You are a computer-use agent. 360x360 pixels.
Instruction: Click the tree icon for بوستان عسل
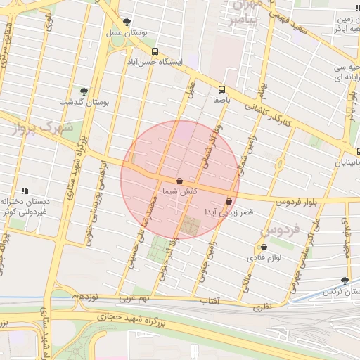pos(127,22)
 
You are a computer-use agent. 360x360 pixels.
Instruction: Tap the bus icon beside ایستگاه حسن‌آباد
pos(155,52)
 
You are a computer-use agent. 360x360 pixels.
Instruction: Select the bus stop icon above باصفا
pos(222,89)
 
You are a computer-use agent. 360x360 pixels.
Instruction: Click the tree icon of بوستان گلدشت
pos(84,91)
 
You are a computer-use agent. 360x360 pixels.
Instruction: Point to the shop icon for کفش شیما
pos(180,181)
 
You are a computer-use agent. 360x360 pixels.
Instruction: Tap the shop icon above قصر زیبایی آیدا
pos(229,202)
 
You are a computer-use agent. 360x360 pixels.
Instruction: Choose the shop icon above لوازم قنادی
pos(264,247)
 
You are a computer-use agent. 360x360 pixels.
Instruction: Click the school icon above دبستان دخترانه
pos(25,191)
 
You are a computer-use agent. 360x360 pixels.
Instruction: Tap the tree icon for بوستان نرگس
pos(345,280)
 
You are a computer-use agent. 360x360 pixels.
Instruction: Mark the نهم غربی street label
pos(134,298)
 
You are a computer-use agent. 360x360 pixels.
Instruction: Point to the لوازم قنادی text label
pos(264,259)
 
